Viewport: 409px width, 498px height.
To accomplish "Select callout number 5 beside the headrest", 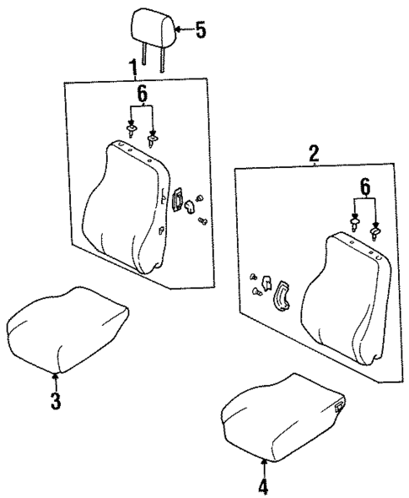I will pyautogui.click(x=200, y=30).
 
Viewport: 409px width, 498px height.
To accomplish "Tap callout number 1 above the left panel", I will pyautogui.click(x=131, y=67).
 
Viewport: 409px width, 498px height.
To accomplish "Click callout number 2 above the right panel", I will pyautogui.click(x=313, y=154).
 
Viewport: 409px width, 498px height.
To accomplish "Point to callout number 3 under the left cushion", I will pyautogui.click(x=56, y=401).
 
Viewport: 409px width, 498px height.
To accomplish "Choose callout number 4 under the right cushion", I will pyautogui.click(x=263, y=485).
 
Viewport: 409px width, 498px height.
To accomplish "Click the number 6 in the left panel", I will pyautogui.click(x=142, y=95).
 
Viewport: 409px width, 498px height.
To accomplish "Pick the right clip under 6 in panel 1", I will pyautogui.click(x=153, y=137).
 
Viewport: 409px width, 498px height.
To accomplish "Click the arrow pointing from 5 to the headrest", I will pyautogui.click(x=182, y=30).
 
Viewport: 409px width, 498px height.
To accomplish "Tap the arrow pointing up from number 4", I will pyautogui.click(x=263, y=463).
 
